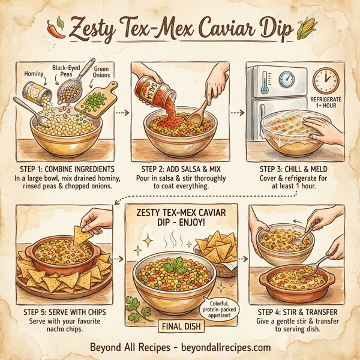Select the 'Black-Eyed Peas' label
[66, 70]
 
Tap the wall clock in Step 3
[325, 80]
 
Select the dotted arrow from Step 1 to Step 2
[122, 112]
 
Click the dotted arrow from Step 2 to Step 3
[236, 112]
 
